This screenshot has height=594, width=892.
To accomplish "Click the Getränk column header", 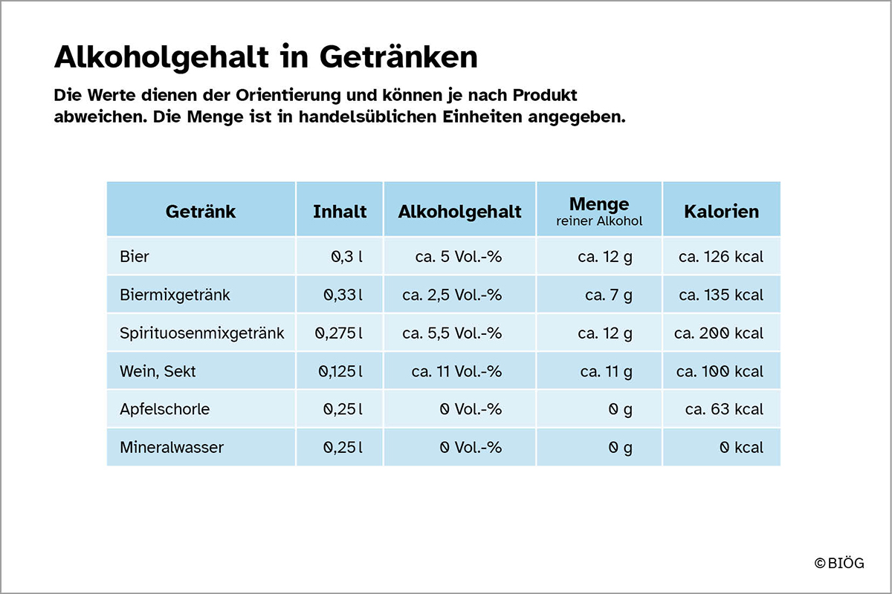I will [201, 212].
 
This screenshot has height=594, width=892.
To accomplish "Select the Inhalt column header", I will [340, 212].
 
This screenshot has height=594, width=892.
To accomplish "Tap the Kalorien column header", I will [722, 212].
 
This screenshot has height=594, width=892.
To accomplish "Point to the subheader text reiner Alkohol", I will [599, 221].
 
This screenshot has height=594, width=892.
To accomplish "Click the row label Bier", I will [135, 257].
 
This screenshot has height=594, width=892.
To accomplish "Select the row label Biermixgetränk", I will [175, 295].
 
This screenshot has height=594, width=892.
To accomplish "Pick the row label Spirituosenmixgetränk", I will [201, 333].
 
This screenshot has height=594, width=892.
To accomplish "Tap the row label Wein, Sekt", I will [158, 371].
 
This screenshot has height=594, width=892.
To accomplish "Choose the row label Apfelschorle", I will [164, 409].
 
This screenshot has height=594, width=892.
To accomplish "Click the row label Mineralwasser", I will [172, 448].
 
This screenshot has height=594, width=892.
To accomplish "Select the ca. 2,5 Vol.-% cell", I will [452, 295].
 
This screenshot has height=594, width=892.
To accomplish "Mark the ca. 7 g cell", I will [609, 295].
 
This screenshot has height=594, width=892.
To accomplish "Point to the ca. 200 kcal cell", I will [719, 333].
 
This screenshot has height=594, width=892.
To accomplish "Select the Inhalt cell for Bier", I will [346, 257].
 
